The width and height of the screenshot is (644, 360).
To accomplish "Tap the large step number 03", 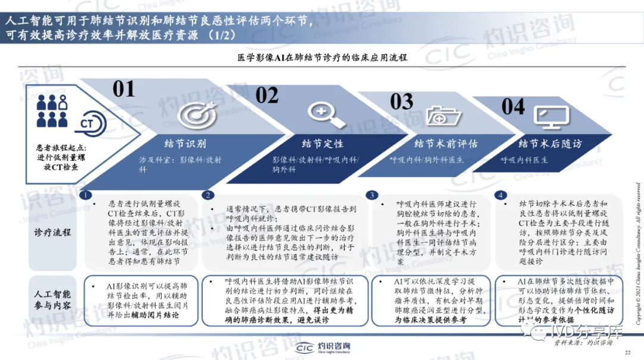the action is [401, 101].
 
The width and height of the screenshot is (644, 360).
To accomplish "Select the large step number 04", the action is [513, 107].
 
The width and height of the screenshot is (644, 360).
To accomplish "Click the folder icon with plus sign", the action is [441, 116].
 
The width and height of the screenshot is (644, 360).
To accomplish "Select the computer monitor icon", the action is [547, 117].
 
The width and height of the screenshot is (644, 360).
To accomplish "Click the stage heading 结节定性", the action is [322, 144].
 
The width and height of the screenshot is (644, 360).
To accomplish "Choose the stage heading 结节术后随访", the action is [550, 144].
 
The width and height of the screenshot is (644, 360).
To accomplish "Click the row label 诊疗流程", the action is [52, 231].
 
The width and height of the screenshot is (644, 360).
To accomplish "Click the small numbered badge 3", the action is [372, 195].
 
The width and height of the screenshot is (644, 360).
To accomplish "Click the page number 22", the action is [627, 353].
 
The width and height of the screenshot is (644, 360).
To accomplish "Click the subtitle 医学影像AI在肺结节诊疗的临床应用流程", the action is [322, 58].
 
